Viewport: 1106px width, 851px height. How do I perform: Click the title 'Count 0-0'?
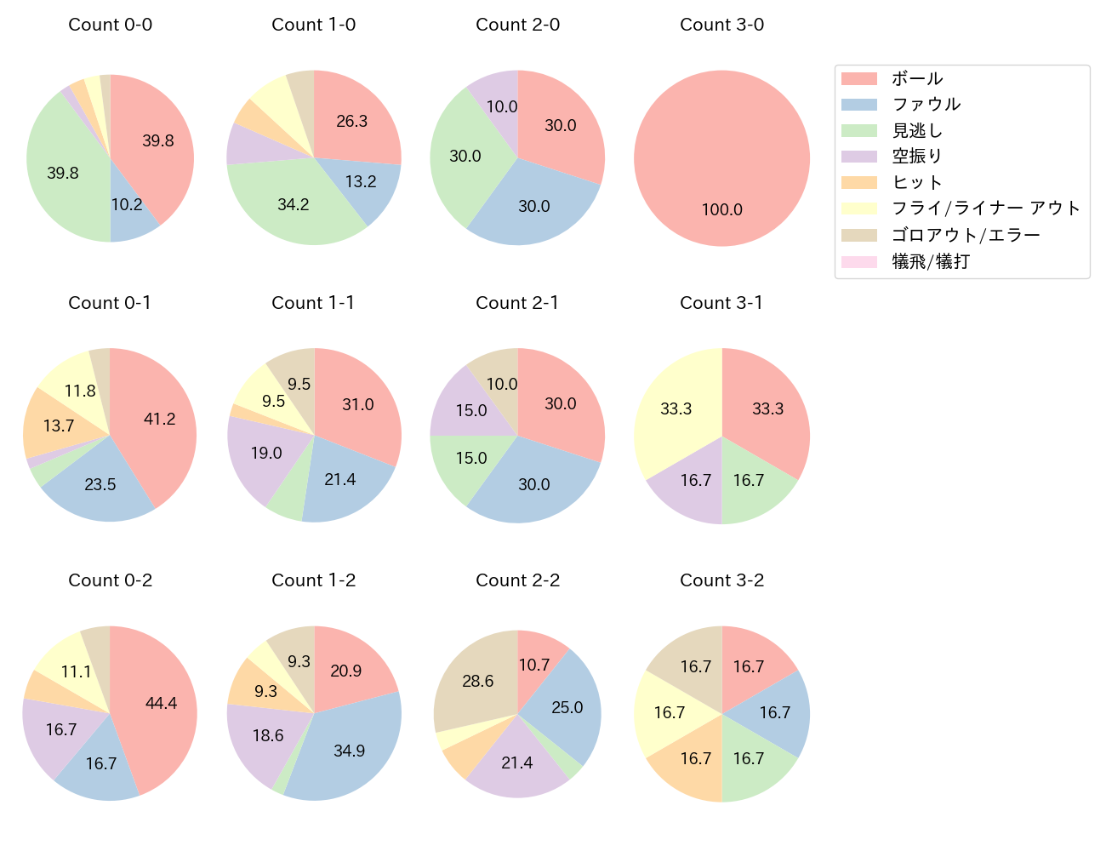pyautogui.click(x=110, y=25)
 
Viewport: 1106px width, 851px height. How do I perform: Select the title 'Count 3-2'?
pyautogui.click(x=721, y=580)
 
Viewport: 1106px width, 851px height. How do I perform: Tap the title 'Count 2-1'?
pyautogui.click(x=517, y=303)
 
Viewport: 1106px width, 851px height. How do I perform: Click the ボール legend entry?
pyautogui.click(x=916, y=78)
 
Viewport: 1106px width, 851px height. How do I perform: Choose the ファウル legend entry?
pyautogui.click(x=926, y=105)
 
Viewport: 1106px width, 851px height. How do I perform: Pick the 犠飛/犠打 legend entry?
pyautogui.click(x=930, y=261)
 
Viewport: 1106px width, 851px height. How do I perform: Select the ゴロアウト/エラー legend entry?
pyautogui.click(x=966, y=235)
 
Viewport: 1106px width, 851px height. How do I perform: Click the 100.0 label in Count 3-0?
pyautogui.click(x=721, y=209)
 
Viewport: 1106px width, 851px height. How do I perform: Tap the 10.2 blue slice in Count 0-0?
pyautogui.click(x=127, y=205)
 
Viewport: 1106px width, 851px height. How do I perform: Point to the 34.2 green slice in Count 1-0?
pyautogui.click(x=293, y=204)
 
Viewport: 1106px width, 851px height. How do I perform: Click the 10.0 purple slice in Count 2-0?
pyautogui.click(x=501, y=106)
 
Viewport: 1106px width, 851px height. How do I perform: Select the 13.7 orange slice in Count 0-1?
pyautogui.click(x=58, y=425)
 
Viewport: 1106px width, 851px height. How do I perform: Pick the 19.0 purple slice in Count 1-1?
pyautogui.click(x=265, y=453)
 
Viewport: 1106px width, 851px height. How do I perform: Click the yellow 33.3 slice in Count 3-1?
pyautogui.click(x=676, y=409)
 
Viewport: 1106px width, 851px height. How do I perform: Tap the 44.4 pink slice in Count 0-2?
pyautogui.click(x=161, y=703)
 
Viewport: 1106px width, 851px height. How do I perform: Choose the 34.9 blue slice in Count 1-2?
pyautogui.click(x=349, y=751)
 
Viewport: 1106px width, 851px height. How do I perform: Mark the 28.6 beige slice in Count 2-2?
pyautogui.click(x=477, y=681)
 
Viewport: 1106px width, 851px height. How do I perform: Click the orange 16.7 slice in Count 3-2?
pyautogui.click(x=695, y=758)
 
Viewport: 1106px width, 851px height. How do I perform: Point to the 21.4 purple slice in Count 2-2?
pyautogui.click(x=516, y=762)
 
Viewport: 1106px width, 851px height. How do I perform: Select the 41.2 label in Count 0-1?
pyautogui.click(x=159, y=419)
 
